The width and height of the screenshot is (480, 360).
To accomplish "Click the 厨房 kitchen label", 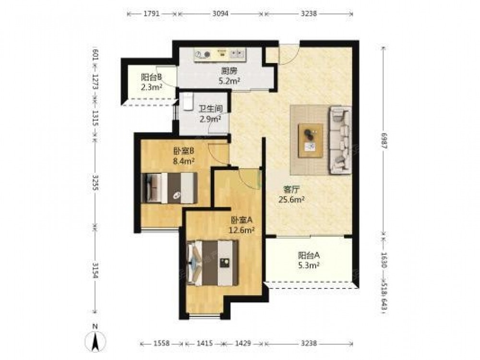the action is coord(229,72).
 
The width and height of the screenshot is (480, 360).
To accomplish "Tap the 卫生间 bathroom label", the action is coord(211,109).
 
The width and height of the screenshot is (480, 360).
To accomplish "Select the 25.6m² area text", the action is coord(291,200).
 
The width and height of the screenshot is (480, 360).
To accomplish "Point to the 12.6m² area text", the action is coord(242,230).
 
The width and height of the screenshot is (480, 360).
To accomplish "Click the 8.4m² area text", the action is coord(184,161).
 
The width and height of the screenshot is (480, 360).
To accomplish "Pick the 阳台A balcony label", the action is coord(309,255).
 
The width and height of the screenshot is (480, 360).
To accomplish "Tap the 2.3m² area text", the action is coord(152,87).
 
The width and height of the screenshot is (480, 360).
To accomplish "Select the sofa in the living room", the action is coord(340,140).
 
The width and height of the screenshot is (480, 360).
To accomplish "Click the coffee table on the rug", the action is coord(311,141).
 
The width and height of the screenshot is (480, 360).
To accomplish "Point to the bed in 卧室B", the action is coord(170,188).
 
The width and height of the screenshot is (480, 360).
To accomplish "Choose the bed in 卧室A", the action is coord(213,263).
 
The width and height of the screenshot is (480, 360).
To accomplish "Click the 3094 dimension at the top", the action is coord(220,14).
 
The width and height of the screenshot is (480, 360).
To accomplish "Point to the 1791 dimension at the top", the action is coord(152,14).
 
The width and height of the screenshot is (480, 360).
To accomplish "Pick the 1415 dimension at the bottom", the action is coord(204,344).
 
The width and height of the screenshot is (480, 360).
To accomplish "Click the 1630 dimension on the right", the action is coord(384,260).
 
